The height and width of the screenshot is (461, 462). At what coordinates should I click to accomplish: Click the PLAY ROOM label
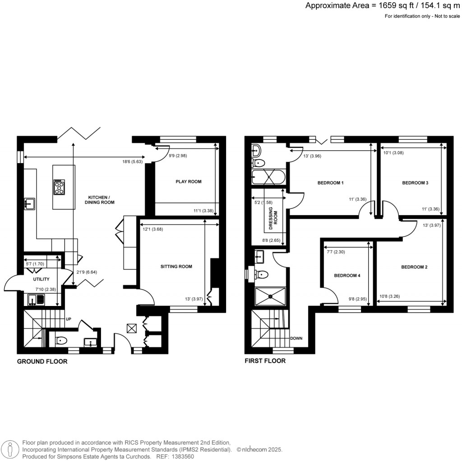click(188, 182)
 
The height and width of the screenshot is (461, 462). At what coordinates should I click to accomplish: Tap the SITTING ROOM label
click(176, 267)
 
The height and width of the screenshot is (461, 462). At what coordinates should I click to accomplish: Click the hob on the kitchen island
click(59, 187)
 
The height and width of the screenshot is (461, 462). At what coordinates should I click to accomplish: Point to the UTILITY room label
click(41, 279)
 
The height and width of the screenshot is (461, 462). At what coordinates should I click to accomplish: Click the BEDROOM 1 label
click(331, 183)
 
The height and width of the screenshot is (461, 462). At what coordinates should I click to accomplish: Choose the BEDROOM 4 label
click(347, 275)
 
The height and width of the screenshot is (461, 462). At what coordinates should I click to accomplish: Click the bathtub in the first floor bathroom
click(268, 177)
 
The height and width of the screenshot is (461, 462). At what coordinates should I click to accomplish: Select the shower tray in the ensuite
click(270, 296)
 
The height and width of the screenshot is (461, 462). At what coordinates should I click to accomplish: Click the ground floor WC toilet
click(60, 341)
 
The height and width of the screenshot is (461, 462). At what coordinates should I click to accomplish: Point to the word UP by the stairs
click(69, 319)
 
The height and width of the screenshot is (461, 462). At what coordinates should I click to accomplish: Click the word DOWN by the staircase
click(296, 338)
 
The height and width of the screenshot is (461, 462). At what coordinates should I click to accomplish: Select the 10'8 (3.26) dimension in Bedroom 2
click(391, 297)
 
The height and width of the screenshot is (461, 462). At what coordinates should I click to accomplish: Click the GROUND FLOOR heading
click(42, 362)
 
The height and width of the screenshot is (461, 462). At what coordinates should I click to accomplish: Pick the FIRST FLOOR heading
click(265, 361)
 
